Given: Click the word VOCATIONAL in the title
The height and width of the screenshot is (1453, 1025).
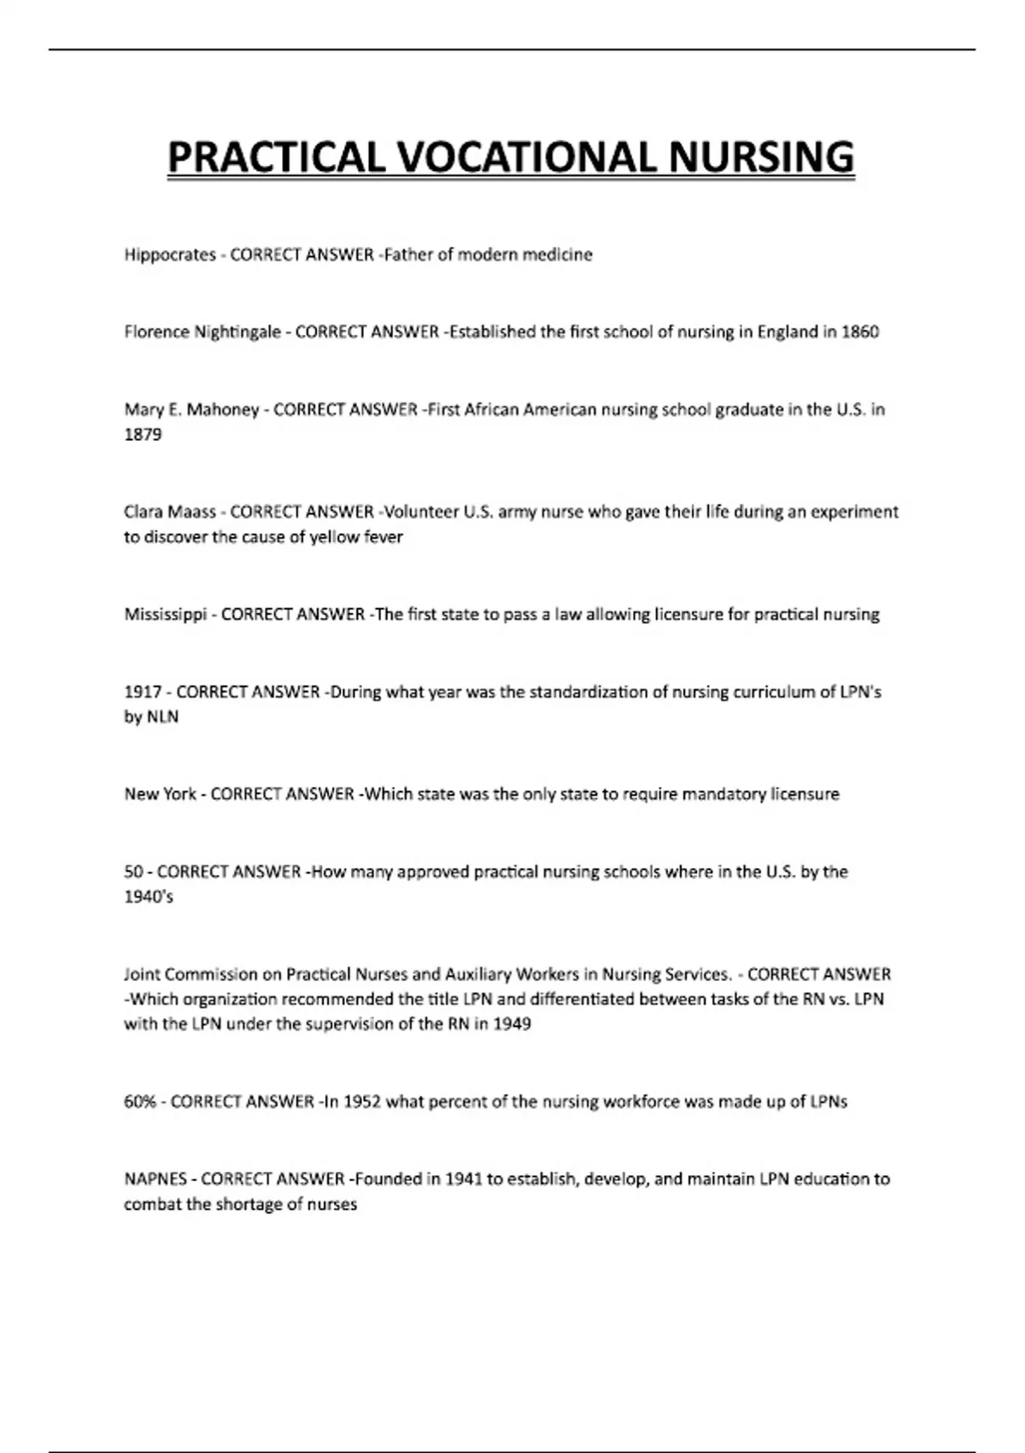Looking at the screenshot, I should (526, 158).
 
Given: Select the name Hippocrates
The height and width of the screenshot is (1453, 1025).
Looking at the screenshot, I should (170, 255).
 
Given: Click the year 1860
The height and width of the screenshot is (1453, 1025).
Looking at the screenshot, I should (859, 332).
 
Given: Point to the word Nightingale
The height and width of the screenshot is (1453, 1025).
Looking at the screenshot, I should (237, 332).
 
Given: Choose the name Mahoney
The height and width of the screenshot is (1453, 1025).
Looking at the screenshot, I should (222, 409).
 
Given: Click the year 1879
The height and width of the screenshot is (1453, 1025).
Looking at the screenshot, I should (143, 434).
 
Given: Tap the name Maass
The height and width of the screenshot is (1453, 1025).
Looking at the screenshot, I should (192, 512).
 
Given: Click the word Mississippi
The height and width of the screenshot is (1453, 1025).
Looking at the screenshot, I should (166, 615).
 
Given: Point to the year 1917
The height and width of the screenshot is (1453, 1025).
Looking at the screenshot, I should (143, 691).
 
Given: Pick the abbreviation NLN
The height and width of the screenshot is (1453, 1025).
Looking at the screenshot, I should (162, 716).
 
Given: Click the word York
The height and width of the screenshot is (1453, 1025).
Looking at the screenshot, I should (179, 794).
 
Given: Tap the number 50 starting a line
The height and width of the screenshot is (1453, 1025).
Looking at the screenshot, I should (133, 872).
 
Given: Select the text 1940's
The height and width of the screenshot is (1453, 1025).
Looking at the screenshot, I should (149, 897).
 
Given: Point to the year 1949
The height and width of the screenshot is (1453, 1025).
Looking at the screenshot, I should (512, 1024).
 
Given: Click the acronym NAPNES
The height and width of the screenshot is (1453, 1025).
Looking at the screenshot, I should (155, 1179).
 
